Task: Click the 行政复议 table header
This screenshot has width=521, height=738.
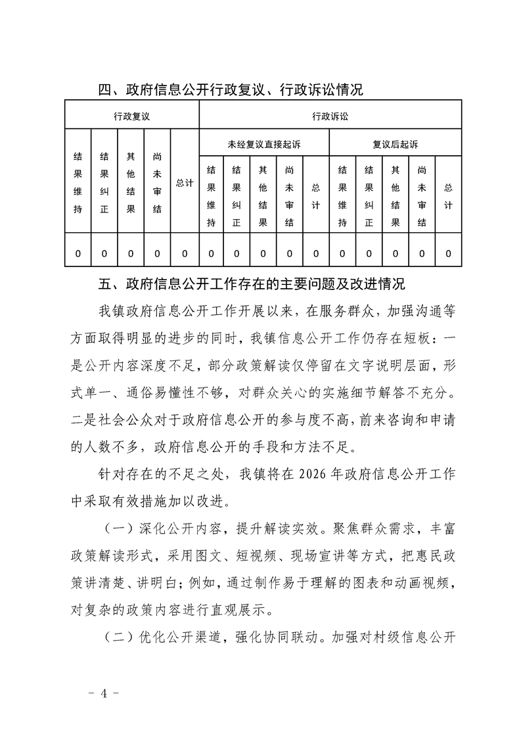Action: (x=131, y=116)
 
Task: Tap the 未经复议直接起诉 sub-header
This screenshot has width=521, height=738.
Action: (x=263, y=144)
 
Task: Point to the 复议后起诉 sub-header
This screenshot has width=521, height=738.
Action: (x=395, y=144)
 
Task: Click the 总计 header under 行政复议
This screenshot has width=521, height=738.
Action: (x=185, y=184)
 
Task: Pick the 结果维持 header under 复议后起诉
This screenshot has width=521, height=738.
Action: (x=342, y=195)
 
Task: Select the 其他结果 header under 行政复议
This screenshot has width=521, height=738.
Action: (x=131, y=184)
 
